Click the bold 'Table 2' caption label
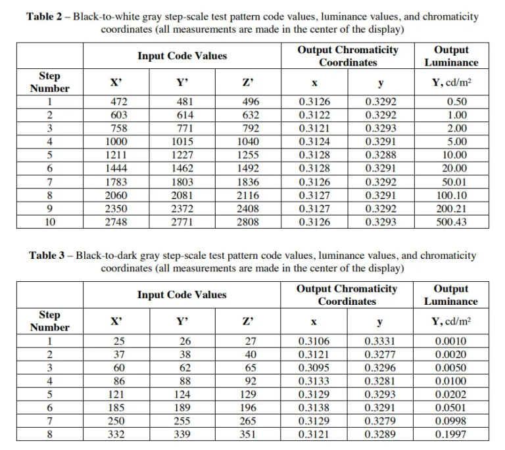48,16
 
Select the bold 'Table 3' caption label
51,256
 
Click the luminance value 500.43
451,222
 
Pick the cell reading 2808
248,222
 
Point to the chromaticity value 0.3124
314,142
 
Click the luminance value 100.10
451,196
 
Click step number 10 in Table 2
50,222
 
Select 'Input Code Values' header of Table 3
181,295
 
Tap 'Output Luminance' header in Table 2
451,56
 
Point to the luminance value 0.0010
451,342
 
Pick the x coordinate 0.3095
314,368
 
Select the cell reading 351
248,435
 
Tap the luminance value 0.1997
451,435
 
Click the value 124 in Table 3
182,395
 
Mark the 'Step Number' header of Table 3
50,321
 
